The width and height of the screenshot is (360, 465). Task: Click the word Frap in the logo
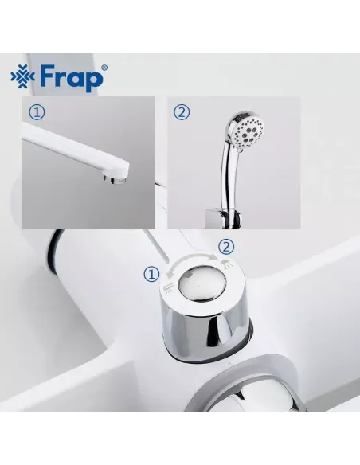click(71, 78)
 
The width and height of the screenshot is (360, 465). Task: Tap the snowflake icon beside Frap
click(23, 77)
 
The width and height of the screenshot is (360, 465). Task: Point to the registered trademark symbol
click(104, 68)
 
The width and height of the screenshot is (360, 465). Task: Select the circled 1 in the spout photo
click(37, 112)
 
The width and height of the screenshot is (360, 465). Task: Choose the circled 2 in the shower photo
click(182, 112)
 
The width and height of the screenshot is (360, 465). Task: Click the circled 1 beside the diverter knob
click(151, 274)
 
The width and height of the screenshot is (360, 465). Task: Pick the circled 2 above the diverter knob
click(226, 247)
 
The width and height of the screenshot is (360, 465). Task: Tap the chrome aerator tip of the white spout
click(115, 180)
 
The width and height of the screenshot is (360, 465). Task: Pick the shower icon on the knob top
click(227, 264)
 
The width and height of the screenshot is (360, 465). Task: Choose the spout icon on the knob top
click(168, 287)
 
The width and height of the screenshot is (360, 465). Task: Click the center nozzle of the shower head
click(248, 134)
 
